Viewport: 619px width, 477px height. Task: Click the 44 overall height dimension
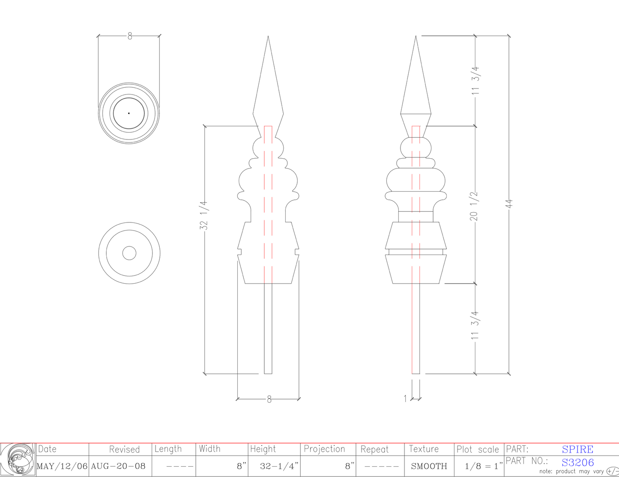click(509, 204)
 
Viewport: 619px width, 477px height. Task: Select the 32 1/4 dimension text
click(204, 216)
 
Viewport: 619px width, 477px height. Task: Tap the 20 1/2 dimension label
click(474, 206)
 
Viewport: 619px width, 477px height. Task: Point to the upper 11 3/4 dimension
click(475, 80)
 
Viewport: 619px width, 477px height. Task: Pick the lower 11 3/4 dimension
click(475, 326)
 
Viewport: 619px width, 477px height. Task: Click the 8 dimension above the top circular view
click(130, 36)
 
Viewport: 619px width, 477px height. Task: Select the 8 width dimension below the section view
click(269, 400)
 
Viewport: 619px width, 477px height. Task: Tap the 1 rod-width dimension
click(406, 399)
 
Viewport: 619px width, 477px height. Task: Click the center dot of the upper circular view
click(129, 113)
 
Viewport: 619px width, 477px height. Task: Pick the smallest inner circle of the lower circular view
click(129, 253)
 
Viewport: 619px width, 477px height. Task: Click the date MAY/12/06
click(62, 466)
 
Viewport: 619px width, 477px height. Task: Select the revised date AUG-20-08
click(118, 466)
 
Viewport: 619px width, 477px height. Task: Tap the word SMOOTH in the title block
click(429, 466)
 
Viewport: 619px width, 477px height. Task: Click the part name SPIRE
click(577, 449)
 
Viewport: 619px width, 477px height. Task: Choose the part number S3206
click(577, 462)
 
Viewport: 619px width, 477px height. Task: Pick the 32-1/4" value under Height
click(279, 466)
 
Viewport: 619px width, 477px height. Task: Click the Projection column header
click(324, 449)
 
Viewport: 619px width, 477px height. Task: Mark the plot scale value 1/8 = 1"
click(483, 466)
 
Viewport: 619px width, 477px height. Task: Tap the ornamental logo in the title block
click(18, 459)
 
